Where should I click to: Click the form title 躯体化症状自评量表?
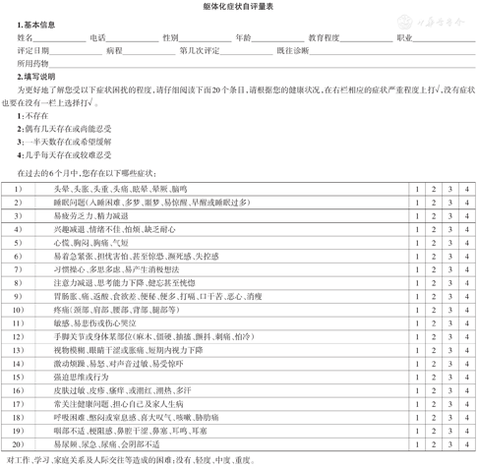coord(239,7)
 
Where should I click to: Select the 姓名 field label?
coord(24,36)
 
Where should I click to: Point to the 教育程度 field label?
coord(325,36)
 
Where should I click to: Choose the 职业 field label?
coord(404,36)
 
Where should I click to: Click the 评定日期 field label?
coord(31,49)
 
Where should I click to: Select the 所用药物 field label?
coord(31,62)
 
